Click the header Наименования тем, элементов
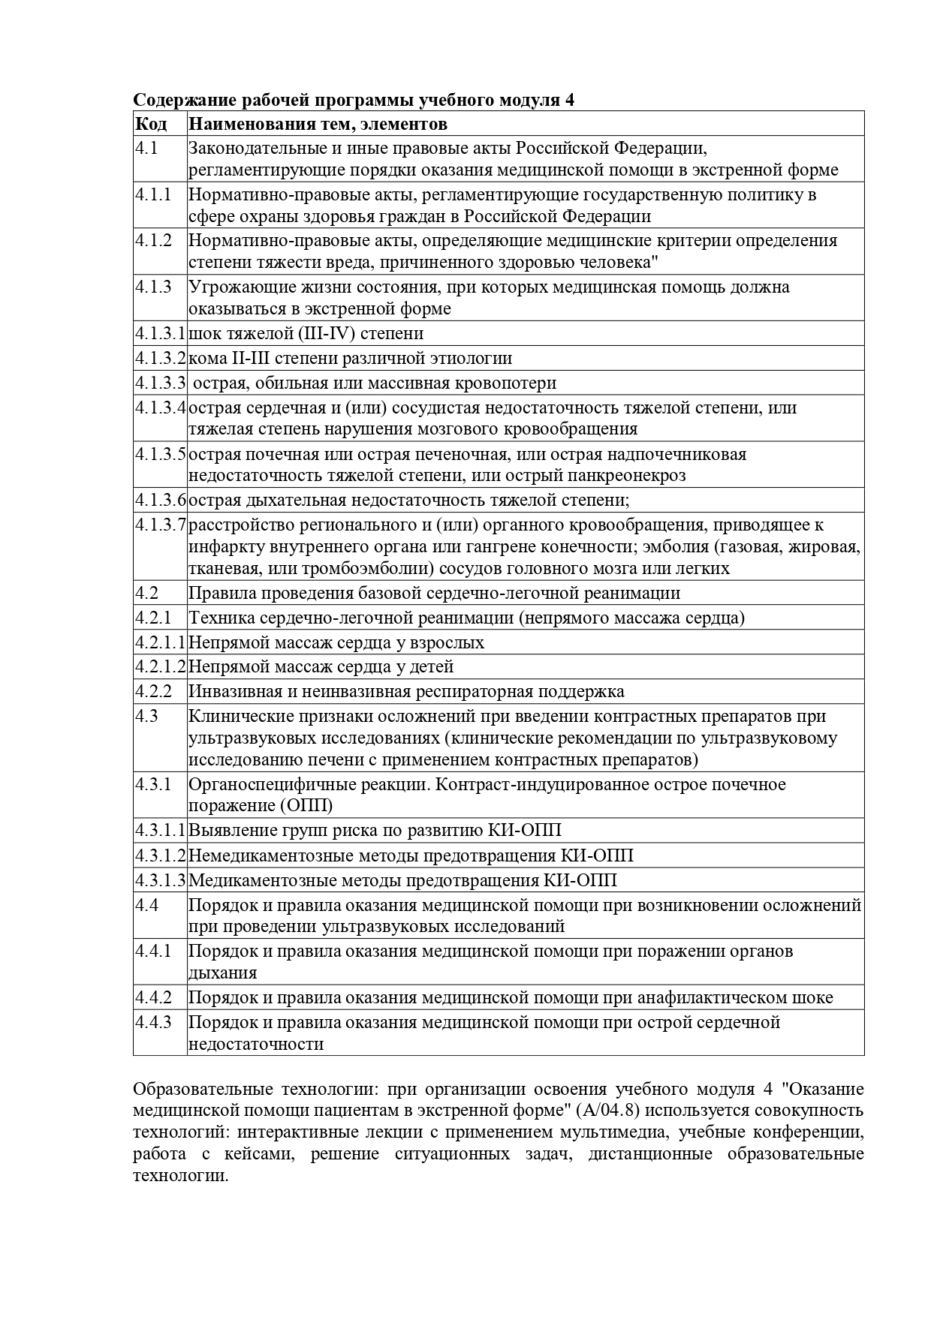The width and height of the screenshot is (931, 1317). point(317,124)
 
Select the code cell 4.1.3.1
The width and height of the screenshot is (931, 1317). point(160,333)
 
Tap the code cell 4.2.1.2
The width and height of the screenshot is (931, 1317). point(160,666)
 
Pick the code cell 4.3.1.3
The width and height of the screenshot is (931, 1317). point(160,880)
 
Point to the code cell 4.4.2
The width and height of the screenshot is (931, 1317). point(154,997)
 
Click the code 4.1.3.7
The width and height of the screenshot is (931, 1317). point(160,525)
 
